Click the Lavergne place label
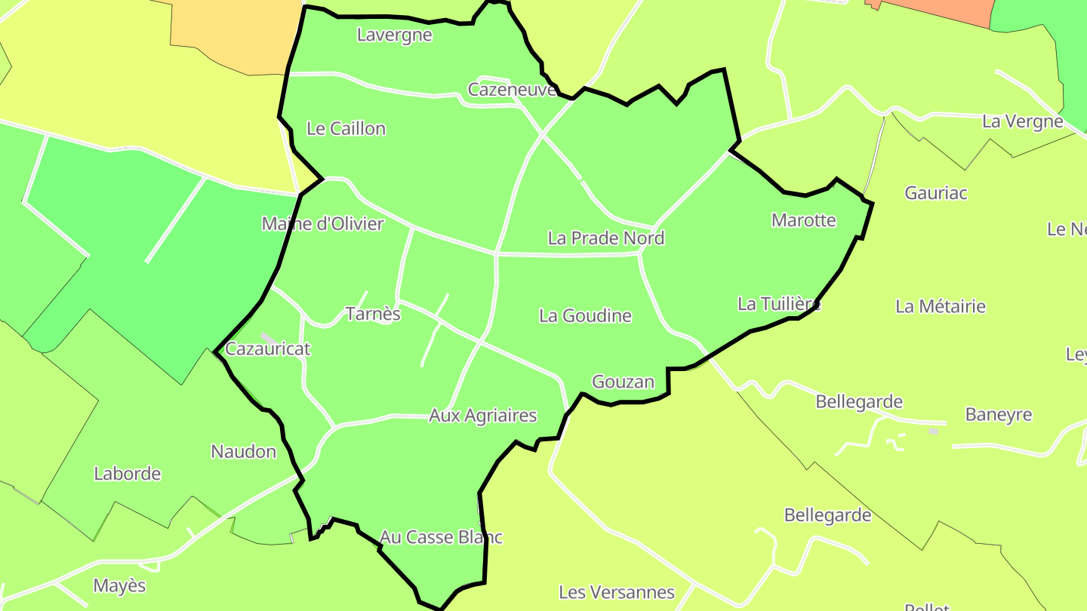[394, 35]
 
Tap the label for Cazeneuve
[512, 90]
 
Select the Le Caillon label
[346, 129]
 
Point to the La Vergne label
[1022, 121]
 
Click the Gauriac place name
[935, 193]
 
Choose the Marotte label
[803, 220]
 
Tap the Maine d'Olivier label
[322, 224]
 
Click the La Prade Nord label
[605, 238]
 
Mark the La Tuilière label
[778, 304]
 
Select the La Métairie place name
[940, 306]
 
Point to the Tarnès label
[372, 314]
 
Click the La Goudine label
[585, 315]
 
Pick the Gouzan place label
[623, 382]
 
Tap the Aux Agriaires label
[482, 416]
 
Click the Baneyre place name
[998, 415]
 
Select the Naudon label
[243, 452]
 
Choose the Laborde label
[127, 474]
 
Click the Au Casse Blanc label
[441, 537]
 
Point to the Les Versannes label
[616, 592]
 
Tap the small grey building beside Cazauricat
[267, 338]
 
